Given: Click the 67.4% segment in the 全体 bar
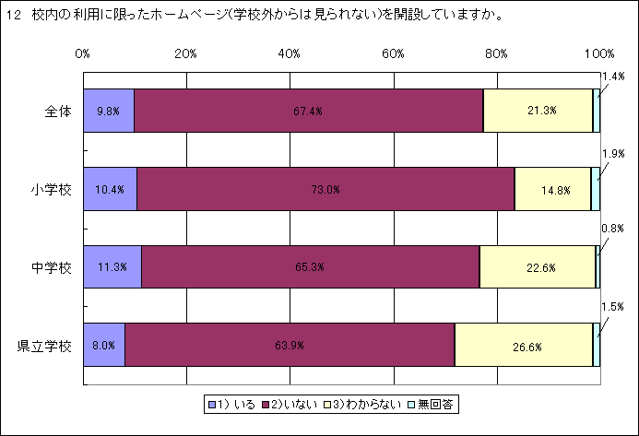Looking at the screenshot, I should (x=308, y=111).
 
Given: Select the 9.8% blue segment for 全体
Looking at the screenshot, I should (x=109, y=111).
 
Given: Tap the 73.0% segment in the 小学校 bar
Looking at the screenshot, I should (x=325, y=189).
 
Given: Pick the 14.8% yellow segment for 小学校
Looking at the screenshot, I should (x=552, y=189).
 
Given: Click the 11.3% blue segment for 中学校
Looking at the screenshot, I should (x=112, y=267).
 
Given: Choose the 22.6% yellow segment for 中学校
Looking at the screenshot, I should (x=538, y=267).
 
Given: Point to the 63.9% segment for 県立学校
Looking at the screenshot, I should (x=290, y=346).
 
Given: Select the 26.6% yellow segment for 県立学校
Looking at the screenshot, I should (x=524, y=346).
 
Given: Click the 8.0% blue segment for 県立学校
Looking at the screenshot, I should (x=103, y=346).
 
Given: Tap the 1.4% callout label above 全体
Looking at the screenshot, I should (x=612, y=76).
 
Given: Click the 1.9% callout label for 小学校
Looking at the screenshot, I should (x=613, y=153).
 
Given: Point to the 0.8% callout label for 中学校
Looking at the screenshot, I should (x=612, y=228).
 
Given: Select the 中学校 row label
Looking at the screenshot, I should (x=53, y=268).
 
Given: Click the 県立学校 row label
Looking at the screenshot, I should (x=45, y=347).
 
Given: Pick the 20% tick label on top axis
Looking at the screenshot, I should (x=185, y=53).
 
